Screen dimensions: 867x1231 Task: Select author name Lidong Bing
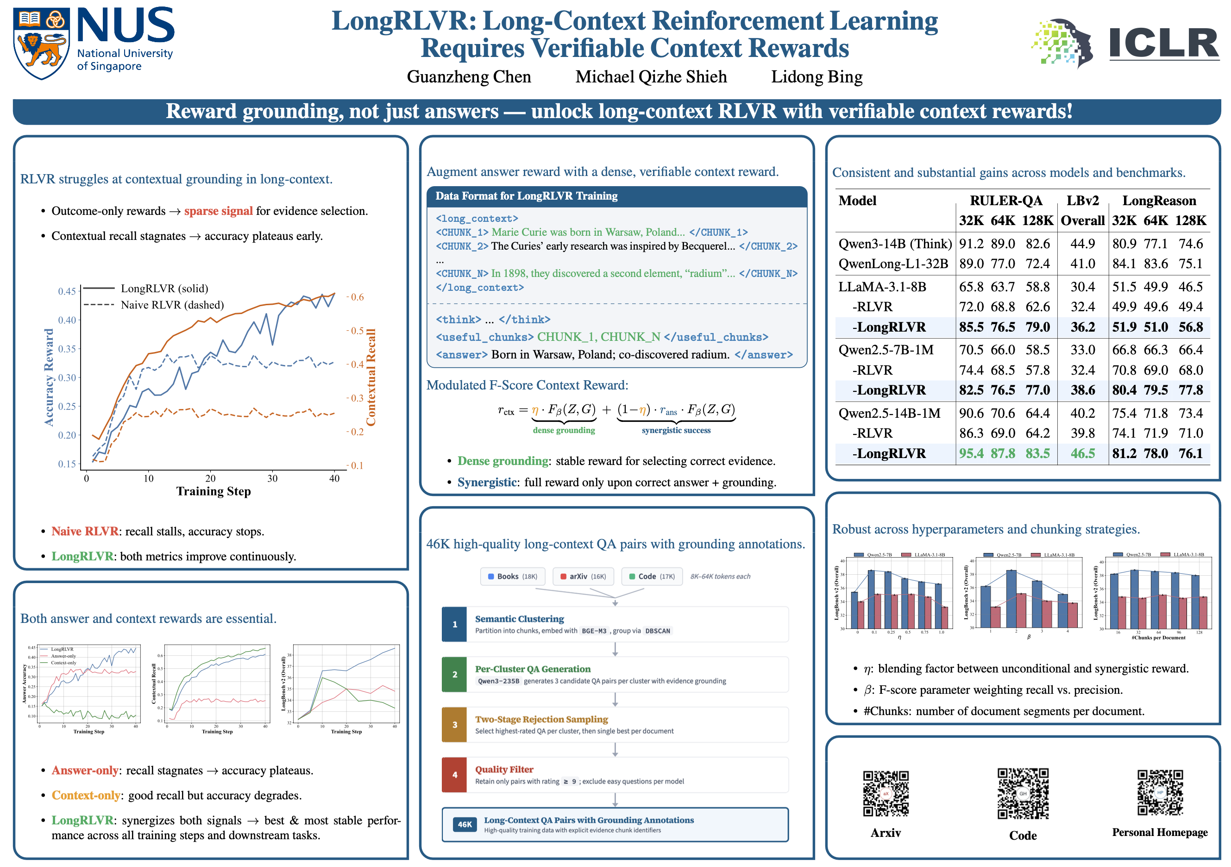pos(816,77)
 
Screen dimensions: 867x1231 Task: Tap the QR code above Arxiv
pos(886,793)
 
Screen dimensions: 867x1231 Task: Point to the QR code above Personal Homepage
pos(1160,792)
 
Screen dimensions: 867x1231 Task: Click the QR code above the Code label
pos(1023,793)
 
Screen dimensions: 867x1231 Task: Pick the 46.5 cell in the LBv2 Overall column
pos(1082,453)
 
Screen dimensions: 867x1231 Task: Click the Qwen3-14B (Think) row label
pos(895,244)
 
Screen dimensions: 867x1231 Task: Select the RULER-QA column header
pos(1006,201)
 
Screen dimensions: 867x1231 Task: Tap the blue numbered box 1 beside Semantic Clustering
pos(455,625)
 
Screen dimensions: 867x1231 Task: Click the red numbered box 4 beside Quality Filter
pos(455,775)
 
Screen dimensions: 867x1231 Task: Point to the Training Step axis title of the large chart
pos(214,491)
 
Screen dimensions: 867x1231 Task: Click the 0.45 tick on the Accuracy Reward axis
pos(67,291)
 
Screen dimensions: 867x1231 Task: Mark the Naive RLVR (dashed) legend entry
pos(171,305)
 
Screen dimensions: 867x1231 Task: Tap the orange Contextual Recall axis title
pos(371,377)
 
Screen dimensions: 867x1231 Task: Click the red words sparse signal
pos(218,211)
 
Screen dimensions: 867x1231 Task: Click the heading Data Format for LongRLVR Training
pos(526,196)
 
